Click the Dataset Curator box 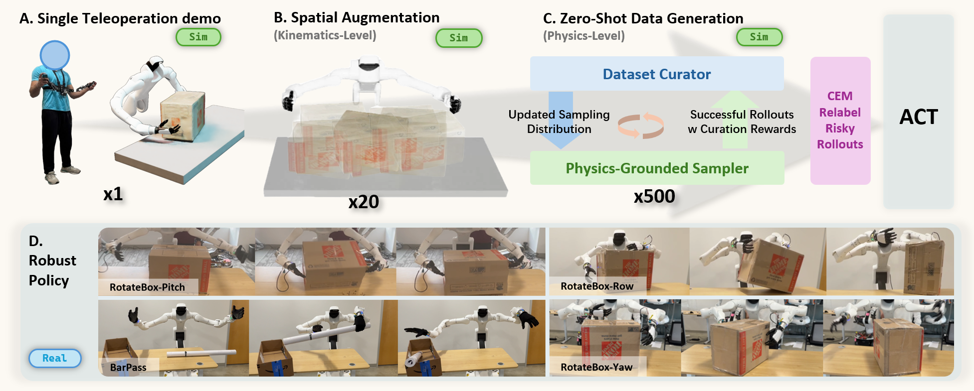657,74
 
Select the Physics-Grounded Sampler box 657,168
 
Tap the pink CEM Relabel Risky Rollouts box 840,121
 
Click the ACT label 919,117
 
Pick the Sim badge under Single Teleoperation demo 198,37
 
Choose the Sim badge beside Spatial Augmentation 459,38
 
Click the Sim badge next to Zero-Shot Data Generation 759,37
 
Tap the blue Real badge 55,358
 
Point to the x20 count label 364,202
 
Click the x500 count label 654,196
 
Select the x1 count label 113,194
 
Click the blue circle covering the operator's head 55,55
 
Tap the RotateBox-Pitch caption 147,287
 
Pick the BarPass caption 128,367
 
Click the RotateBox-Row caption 597,286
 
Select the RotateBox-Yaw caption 596,367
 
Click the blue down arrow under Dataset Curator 561,120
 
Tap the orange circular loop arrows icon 641,126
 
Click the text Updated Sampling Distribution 559,122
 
